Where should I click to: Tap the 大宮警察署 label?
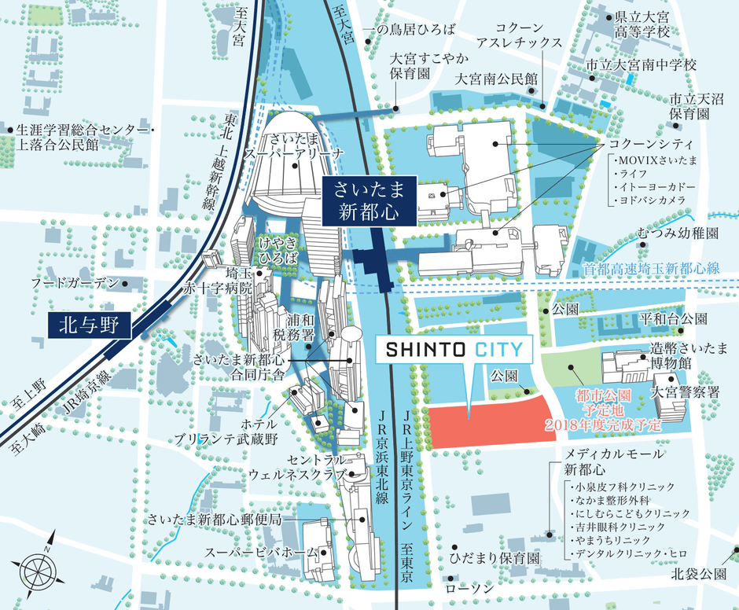[x=686, y=391]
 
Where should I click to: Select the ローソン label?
[x=469, y=588]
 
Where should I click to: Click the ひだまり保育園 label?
[x=494, y=557]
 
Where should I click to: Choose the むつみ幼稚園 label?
[x=678, y=233]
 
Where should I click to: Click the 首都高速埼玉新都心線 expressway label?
[x=652, y=268]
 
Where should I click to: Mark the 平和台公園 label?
[x=672, y=320]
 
